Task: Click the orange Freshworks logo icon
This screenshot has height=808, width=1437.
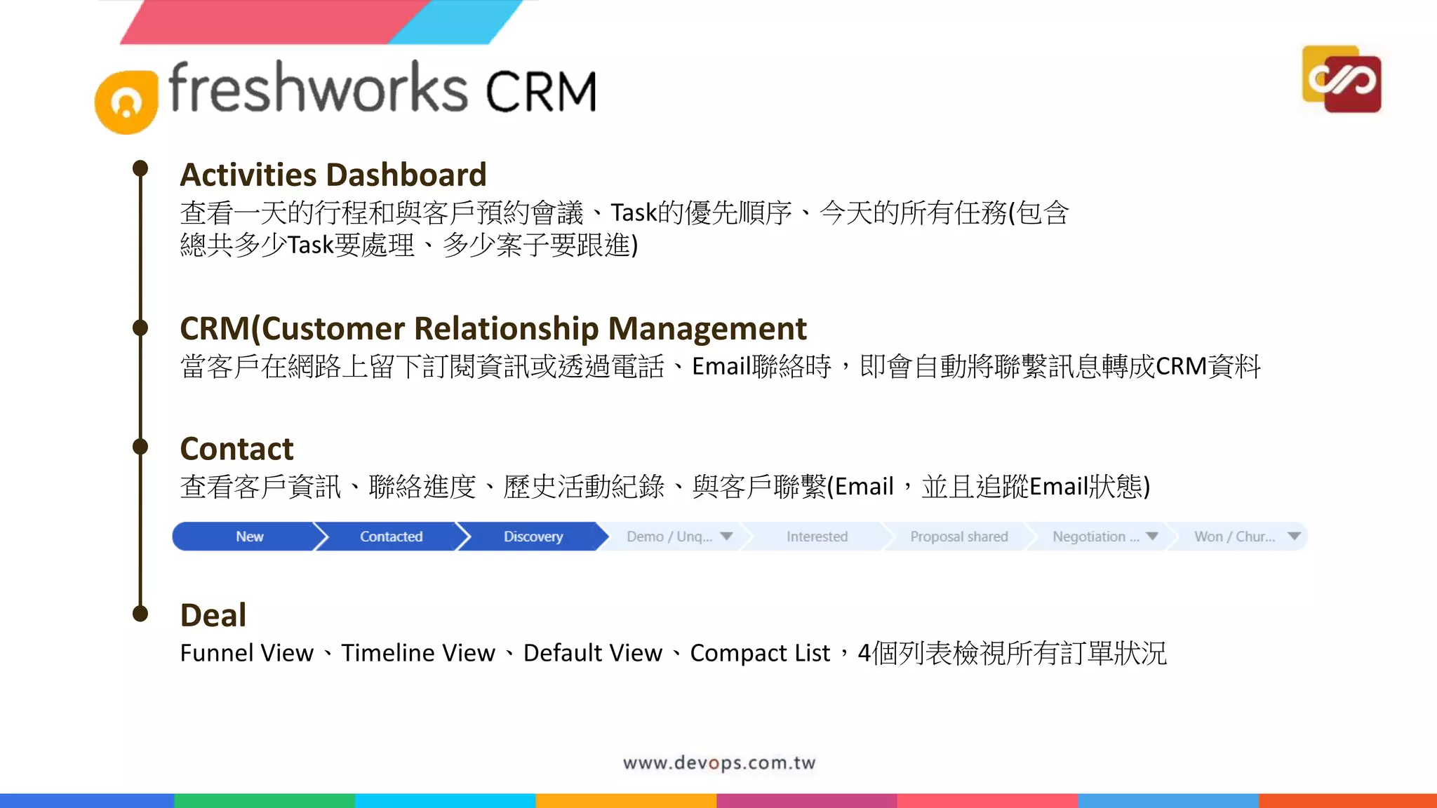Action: (126, 102)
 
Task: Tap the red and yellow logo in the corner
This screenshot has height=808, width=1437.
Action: (1342, 79)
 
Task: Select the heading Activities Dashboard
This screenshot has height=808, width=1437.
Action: (333, 175)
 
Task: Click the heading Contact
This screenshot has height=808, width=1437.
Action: (236, 449)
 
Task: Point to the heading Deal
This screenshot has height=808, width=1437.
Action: (213, 615)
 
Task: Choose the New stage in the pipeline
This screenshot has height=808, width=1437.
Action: (249, 537)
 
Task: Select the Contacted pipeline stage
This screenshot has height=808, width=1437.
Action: (391, 537)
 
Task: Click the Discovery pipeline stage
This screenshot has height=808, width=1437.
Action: (533, 537)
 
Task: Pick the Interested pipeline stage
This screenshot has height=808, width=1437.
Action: (817, 537)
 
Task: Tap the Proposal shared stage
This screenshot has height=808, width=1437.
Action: (958, 537)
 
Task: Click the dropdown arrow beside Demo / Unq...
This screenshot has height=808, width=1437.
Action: (727, 537)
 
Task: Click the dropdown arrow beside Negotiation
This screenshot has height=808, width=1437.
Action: (1152, 537)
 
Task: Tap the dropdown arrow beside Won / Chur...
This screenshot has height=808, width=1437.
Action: (1295, 537)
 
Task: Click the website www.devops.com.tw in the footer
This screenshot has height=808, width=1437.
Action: (719, 763)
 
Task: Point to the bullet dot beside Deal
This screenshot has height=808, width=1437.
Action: (140, 614)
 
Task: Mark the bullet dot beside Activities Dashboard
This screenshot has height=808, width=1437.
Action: (140, 168)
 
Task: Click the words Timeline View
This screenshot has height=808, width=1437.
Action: (418, 653)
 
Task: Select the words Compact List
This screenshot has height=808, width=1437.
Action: (760, 653)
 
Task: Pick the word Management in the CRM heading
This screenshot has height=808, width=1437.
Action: (707, 328)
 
